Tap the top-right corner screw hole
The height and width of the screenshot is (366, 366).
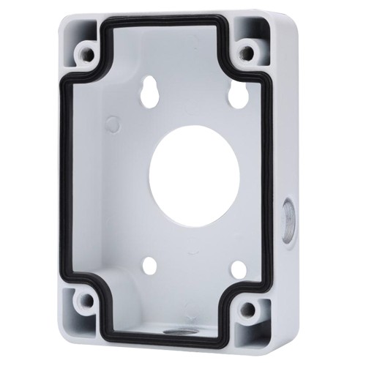click(x=247, y=52)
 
